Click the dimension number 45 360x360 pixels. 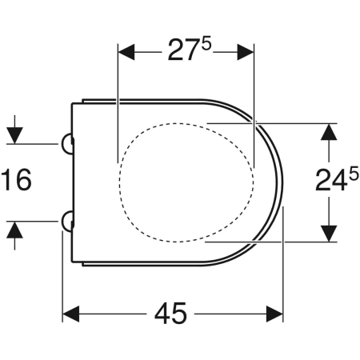(170, 314)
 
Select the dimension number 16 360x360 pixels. (16, 180)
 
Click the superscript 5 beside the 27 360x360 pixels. (206, 44)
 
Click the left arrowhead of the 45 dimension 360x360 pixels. (70, 314)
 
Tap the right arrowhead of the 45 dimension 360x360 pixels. (274, 314)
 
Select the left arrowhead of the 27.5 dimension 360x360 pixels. (126, 52)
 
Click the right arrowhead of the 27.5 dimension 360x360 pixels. (246, 52)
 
